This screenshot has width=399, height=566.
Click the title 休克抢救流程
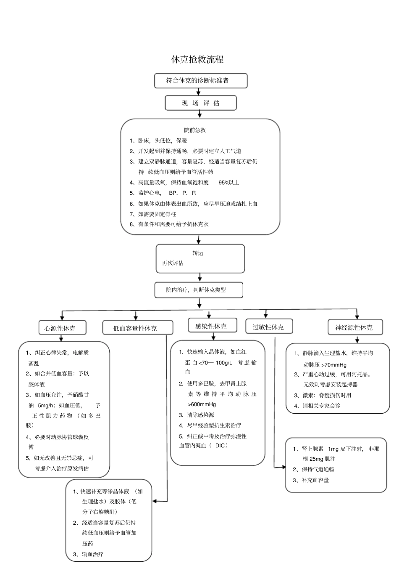tap(197, 59)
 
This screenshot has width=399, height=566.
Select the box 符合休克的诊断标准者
tap(200, 80)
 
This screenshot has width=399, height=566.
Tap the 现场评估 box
tap(200, 103)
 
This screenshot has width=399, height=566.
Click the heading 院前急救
tap(195, 130)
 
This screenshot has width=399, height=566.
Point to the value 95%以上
tap(228, 183)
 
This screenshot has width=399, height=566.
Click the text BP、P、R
tap(182, 193)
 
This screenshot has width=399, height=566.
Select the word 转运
tap(198, 253)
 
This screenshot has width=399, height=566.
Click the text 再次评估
tap(173, 263)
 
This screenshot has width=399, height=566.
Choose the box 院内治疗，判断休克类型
tap(199, 290)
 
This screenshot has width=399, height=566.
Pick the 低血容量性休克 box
tap(137, 328)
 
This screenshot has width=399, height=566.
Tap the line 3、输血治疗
tap(88, 554)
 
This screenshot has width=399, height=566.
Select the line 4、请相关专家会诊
tap(318, 406)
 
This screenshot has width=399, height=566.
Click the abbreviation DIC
tap(220, 446)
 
